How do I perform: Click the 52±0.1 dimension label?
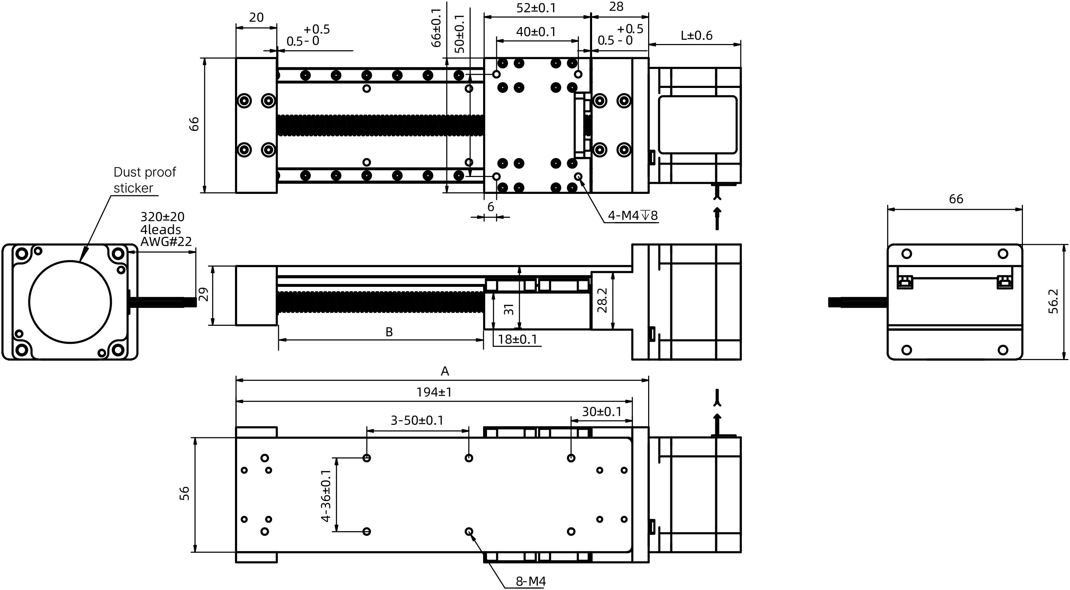coord(536,8)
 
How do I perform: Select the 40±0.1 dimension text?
coord(536,32)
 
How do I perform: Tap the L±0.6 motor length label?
coord(696,36)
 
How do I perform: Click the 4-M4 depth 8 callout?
coord(633,215)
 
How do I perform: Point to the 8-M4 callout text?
coord(531,581)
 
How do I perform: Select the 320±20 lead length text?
coord(162,217)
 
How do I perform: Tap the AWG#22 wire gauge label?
coord(166,241)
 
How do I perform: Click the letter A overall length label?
coord(444,371)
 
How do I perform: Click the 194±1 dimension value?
coord(434,392)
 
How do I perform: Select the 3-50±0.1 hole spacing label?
coord(417,420)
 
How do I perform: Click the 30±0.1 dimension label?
coord(601,412)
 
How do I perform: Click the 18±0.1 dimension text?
coord(517,339)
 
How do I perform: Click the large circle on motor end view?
coord(70,302)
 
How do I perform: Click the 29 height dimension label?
coord(203,295)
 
